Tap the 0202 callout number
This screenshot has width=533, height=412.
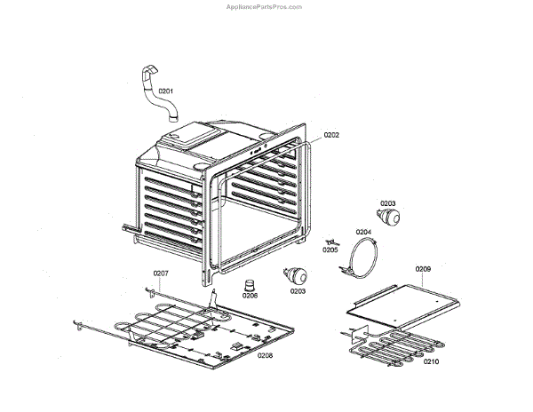coord(331,135)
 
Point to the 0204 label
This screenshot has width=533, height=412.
coord(363,232)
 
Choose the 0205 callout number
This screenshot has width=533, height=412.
coord(330,250)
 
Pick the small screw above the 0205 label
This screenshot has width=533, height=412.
coord(332,241)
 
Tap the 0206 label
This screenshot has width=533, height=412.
coord(250,296)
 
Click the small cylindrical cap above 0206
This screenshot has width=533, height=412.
coord(251,283)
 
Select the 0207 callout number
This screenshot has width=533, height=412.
coord(161,273)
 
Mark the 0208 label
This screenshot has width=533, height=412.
coord(265,355)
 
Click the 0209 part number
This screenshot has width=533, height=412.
coord(423,268)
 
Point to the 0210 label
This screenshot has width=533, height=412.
coord(431,362)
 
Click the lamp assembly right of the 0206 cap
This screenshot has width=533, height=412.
coord(294,274)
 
